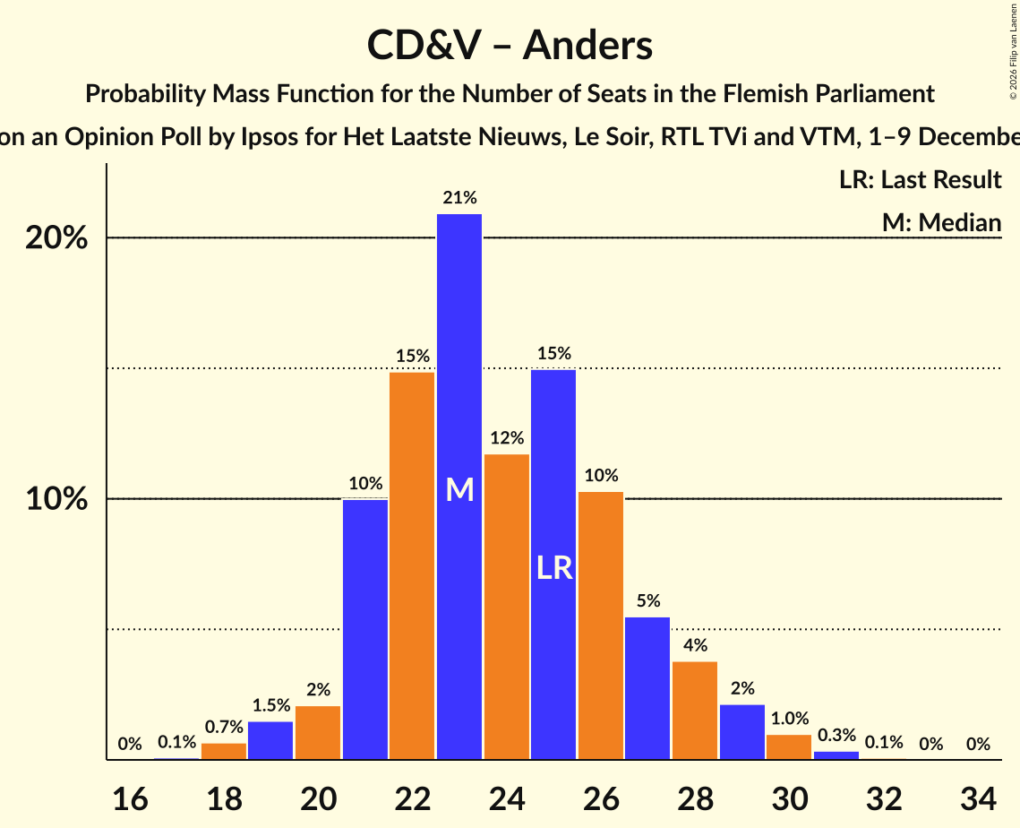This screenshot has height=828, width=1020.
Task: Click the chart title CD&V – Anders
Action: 510,45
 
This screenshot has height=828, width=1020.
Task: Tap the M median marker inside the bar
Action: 459,489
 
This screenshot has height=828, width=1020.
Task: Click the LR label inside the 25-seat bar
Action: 554,567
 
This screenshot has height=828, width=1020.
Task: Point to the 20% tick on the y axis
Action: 56,238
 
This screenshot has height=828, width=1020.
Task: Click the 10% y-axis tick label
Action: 56,499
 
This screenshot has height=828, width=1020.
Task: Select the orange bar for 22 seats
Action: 412,565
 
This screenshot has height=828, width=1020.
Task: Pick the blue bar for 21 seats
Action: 365,627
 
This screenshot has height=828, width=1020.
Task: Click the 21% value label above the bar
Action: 459,198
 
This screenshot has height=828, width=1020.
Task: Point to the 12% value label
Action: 507,438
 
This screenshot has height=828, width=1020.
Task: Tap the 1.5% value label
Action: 270,705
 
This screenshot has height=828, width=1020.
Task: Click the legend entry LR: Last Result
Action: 920,180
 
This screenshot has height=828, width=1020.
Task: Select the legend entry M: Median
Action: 941,222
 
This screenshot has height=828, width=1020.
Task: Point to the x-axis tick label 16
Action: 130,797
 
